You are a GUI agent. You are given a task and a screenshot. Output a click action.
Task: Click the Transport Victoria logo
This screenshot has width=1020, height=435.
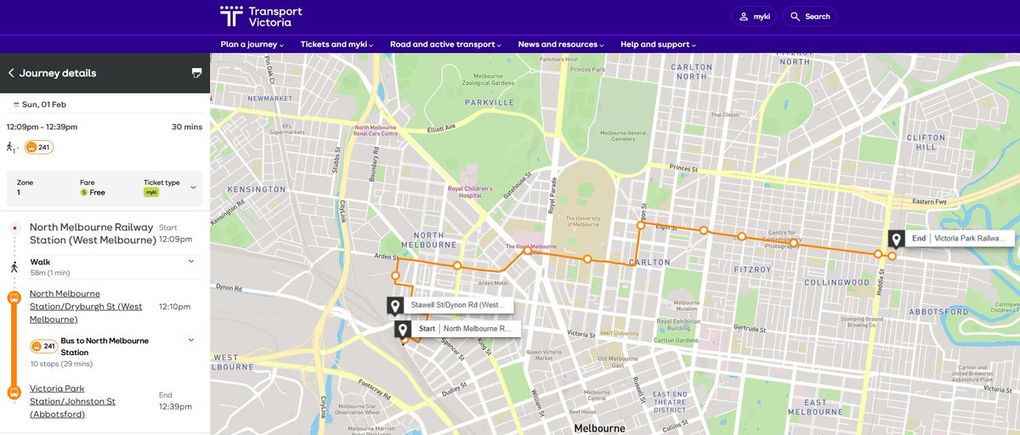(261, 16)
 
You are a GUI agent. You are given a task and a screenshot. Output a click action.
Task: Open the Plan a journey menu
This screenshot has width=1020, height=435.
(252, 44)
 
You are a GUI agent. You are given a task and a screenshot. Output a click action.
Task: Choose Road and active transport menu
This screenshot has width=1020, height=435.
(445, 44)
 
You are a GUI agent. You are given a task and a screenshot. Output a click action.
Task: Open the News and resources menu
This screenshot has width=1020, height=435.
(560, 44)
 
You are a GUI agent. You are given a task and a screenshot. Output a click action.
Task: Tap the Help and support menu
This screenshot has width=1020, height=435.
(658, 44)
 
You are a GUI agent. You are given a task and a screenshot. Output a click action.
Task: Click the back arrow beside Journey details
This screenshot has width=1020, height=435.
(11, 73)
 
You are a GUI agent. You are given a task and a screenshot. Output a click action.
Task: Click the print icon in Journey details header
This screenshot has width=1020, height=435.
(196, 73)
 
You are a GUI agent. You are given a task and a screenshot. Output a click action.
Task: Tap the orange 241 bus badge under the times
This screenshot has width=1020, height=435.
(39, 147)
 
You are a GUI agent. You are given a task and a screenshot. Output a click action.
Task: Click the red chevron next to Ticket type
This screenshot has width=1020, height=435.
(193, 187)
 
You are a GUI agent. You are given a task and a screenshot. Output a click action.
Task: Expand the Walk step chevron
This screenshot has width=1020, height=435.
(190, 261)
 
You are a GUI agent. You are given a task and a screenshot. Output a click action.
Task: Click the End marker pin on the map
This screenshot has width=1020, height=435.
(896, 240)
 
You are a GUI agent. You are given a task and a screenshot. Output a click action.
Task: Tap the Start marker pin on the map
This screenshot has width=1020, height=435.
(403, 329)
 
